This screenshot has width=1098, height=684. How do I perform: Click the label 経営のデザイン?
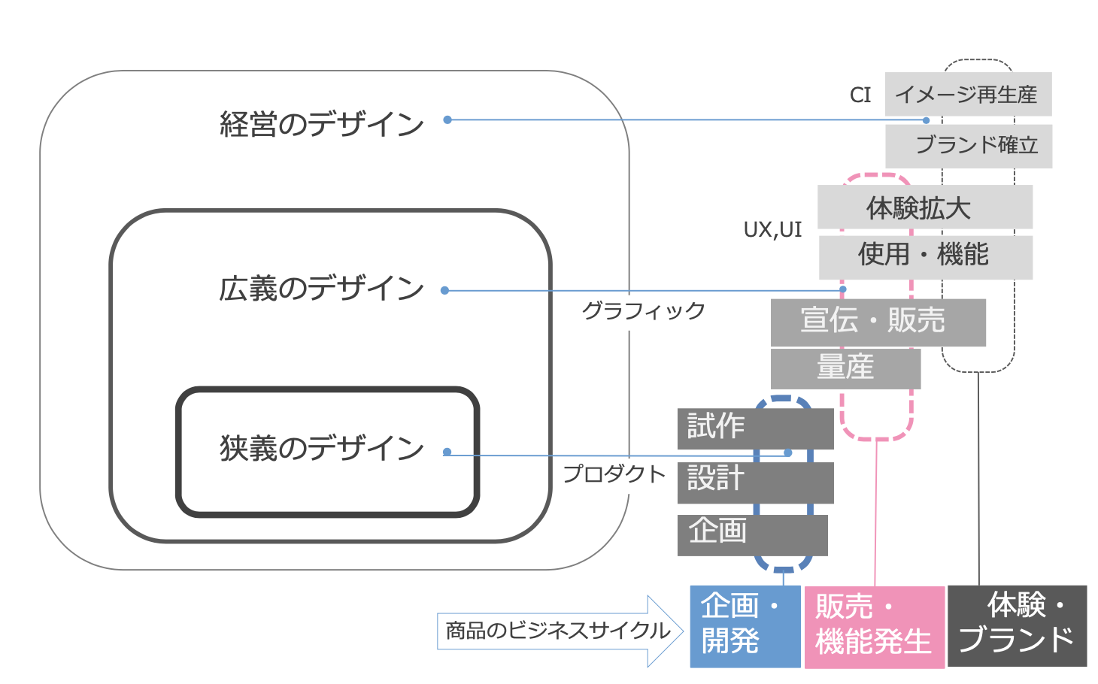click(x=322, y=124)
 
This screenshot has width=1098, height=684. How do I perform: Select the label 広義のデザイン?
click(x=322, y=289)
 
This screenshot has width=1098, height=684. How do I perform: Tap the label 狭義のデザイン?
click(x=322, y=448)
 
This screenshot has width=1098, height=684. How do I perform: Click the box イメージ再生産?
click(x=968, y=94)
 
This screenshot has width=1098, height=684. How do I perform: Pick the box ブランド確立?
click(x=969, y=146)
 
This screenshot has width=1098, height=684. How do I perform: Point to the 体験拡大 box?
click(x=925, y=207)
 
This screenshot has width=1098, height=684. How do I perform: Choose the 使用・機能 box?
click(x=925, y=256)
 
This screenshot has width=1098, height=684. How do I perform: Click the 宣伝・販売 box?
click(x=878, y=322)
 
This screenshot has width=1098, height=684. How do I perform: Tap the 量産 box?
click(x=845, y=368)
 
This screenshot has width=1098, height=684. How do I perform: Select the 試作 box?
click(x=754, y=428)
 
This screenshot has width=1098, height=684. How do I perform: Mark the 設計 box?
click(x=754, y=482)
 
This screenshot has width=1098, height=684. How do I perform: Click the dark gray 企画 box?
click(x=752, y=534)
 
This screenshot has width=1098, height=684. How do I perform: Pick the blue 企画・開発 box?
click(x=745, y=625)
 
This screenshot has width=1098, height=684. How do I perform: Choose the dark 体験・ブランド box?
click(x=1017, y=625)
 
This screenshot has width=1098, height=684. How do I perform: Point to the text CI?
click(x=860, y=95)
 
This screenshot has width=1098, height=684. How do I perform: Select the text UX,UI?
click(x=772, y=230)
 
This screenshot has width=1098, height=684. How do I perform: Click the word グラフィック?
click(x=644, y=310)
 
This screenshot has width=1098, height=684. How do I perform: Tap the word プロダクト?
click(x=614, y=474)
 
